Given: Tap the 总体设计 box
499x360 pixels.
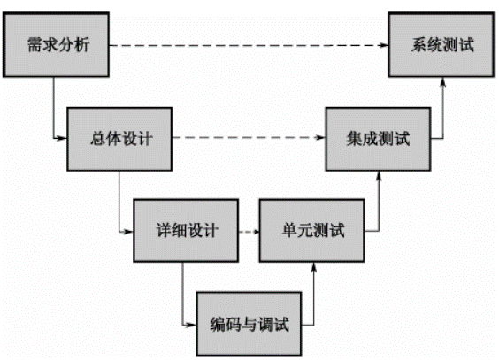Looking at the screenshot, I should [118, 138].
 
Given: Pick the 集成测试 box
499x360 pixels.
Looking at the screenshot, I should [379, 138].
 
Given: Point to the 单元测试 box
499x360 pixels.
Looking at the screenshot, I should [312, 231].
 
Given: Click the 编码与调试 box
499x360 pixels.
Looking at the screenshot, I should [250, 320].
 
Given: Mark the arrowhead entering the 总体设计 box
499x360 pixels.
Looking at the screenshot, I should [63, 139].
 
